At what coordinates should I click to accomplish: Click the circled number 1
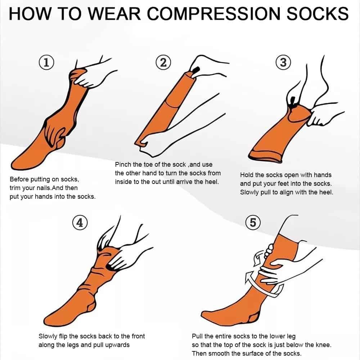click(x=46, y=62)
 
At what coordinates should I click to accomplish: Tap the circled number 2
click(x=163, y=62)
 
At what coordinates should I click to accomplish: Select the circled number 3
click(x=283, y=62)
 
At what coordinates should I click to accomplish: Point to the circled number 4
click(x=80, y=222)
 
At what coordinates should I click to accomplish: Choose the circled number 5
click(x=253, y=222)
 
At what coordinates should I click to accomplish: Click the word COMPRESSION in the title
click(x=213, y=14)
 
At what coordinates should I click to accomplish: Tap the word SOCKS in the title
click(x=318, y=14)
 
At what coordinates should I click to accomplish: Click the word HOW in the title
click(x=30, y=14)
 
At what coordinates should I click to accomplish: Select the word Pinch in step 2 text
click(x=123, y=165)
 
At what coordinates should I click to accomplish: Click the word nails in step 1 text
click(x=44, y=188)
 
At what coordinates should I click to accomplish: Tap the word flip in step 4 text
click(x=63, y=336)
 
